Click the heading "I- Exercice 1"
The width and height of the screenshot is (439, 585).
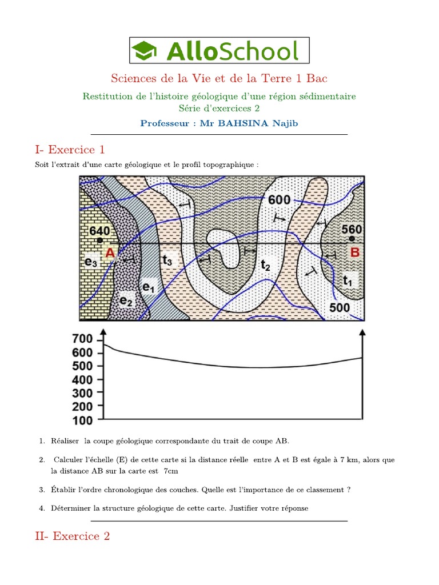70,150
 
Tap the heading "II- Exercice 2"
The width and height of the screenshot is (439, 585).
72,536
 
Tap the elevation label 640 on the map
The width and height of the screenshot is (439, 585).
99,231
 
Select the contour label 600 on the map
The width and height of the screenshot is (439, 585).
280,200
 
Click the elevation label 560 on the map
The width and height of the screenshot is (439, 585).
352,229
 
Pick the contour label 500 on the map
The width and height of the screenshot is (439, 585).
340,308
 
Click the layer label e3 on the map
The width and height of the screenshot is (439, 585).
91,262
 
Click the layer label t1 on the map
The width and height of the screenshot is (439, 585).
348,280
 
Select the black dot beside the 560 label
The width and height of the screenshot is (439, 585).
352,238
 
